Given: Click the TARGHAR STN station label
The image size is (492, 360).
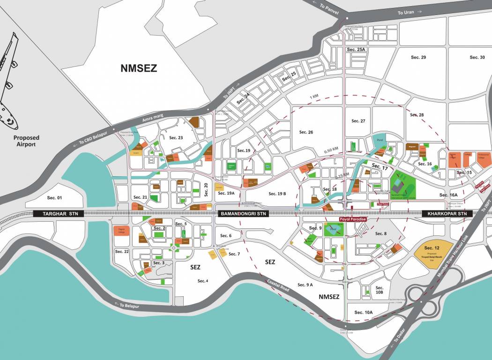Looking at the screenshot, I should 59,214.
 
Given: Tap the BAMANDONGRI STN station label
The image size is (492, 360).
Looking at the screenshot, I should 242,214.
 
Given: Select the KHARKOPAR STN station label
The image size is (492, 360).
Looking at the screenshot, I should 445,214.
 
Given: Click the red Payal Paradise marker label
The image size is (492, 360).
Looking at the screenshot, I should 352,219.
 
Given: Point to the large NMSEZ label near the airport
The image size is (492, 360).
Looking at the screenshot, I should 139,68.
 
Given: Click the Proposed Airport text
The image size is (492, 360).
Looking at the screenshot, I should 26,141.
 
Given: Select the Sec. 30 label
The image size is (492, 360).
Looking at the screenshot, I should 477,57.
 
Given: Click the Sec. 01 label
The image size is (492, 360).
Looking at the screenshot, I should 53,198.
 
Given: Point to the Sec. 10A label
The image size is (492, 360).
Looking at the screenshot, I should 363,312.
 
